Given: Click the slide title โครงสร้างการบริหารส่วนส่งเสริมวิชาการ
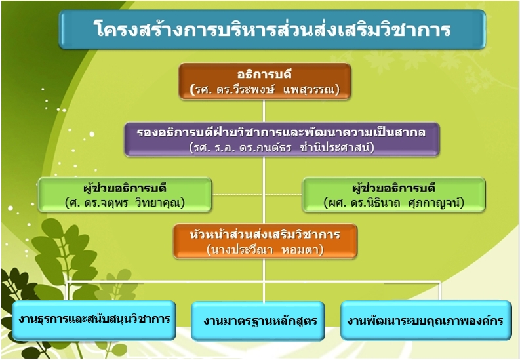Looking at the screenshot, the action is [272, 29].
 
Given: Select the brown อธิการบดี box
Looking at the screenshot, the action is [265, 81].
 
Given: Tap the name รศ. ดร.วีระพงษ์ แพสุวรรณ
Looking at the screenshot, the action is [265, 89].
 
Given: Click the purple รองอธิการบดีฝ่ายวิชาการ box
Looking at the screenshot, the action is [282, 139].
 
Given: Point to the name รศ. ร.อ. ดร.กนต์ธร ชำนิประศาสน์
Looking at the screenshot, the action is [282, 147].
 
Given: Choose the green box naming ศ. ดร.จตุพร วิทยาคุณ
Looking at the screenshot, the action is [125, 195].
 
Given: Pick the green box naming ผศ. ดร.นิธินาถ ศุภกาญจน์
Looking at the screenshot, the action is [394, 195].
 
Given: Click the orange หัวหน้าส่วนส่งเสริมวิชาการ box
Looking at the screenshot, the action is [265, 241].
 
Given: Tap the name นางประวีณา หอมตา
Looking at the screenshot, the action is [265, 249].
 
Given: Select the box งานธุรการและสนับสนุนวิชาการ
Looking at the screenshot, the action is [94, 320].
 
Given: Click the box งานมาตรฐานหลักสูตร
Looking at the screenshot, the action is [258, 321].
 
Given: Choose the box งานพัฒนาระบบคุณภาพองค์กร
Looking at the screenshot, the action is [426, 320].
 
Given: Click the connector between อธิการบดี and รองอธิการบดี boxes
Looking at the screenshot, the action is [264, 111].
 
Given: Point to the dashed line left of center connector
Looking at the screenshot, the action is [237, 194].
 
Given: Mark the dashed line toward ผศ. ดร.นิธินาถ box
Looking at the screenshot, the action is [283, 194].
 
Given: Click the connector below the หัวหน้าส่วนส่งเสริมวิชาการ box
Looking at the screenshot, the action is [264, 280].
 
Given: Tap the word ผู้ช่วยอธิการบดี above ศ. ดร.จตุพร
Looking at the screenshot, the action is [125, 188].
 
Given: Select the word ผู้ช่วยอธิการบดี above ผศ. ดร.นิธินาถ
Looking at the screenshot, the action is [394, 188].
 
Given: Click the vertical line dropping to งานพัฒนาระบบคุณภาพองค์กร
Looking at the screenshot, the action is [440, 291].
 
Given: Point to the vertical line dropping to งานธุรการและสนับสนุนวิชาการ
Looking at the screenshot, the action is [69, 291].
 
